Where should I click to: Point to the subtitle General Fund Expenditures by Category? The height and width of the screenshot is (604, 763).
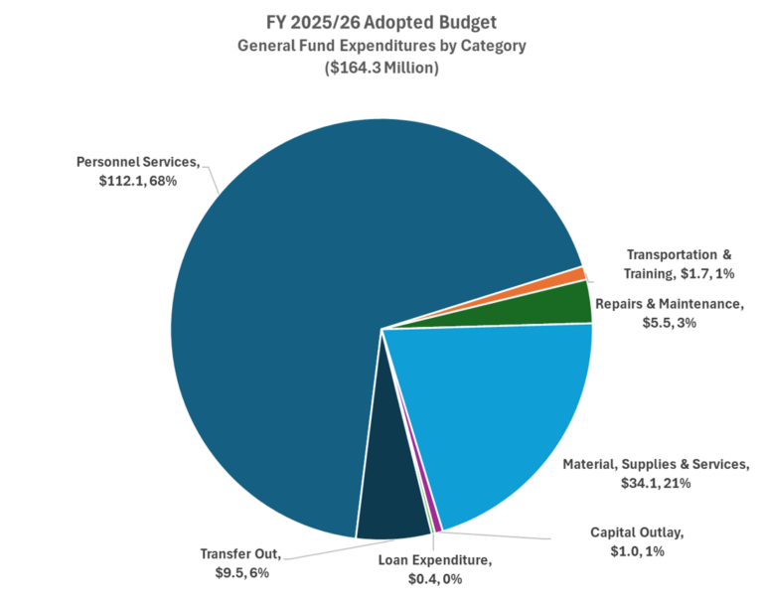(381, 46)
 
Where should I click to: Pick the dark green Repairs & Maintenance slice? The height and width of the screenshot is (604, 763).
(556, 304)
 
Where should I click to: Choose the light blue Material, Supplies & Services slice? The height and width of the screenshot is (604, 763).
(497, 407)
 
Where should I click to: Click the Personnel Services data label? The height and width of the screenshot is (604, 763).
(138, 171)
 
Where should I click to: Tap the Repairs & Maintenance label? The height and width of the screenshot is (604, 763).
(668, 313)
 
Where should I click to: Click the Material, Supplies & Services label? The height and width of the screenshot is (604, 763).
(653, 473)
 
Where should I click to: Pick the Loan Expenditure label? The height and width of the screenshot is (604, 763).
(434, 568)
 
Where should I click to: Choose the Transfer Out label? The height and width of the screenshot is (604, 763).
(239, 562)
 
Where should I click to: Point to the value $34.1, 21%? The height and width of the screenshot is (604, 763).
(654, 483)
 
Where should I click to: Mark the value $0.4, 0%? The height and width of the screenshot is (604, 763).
(434, 579)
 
